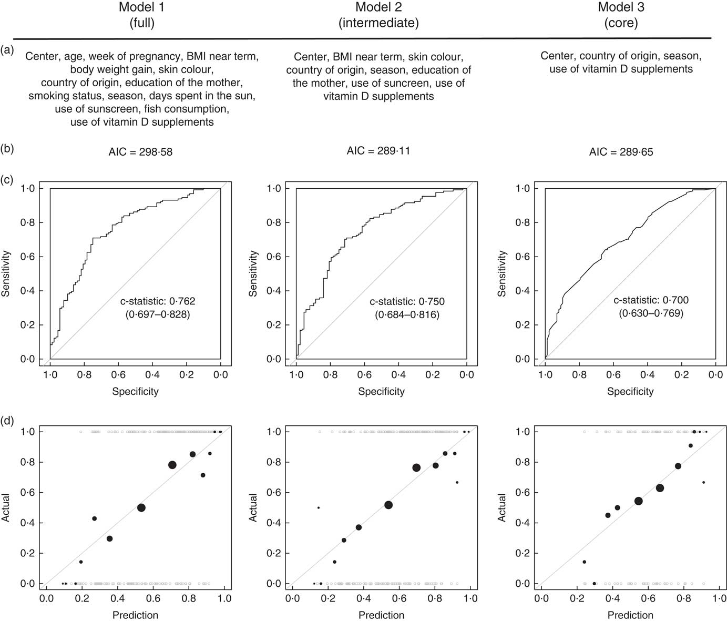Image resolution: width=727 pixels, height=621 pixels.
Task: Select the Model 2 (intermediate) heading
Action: pyautogui.click(x=378, y=15)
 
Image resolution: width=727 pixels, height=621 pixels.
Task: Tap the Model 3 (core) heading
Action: pyautogui.click(x=621, y=15)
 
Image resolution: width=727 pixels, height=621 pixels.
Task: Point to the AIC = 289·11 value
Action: pyautogui.click(x=378, y=151)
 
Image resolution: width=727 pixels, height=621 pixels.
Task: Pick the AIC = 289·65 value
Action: pyautogui.click(x=621, y=152)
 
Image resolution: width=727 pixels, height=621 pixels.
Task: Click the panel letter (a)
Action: pyautogui.click(x=7, y=50)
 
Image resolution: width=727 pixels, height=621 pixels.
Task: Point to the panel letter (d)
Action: pyautogui.click(x=7, y=421)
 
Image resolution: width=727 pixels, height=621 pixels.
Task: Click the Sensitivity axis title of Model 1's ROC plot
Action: pyautogui.click(x=6, y=273)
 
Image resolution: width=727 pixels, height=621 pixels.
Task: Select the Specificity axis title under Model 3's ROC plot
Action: pyautogui.click(x=630, y=391)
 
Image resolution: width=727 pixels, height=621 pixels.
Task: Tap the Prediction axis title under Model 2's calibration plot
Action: pyautogui.click(x=381, y=615)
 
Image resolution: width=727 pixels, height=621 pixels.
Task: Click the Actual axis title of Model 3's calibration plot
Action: pyautogui.click(x=502, y=507)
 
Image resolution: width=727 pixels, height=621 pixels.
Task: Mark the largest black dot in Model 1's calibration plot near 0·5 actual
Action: pyautogui.click(x=141, y=507)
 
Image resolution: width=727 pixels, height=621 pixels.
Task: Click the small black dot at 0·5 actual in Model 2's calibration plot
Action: pyautogui.click(x=319, y=507)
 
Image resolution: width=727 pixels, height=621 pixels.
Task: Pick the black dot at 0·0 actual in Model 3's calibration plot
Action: pyautogui.click(x=595, y=583)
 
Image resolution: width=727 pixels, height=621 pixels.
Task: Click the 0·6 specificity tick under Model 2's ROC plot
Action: pyautogui.click(x=364, y=375)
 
